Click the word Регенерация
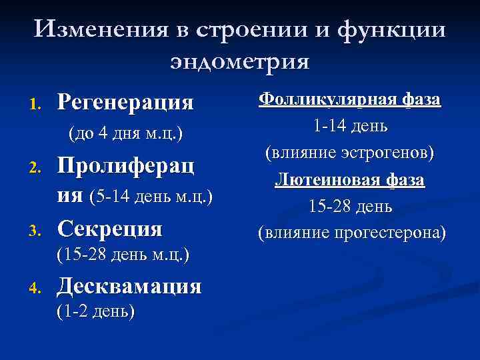(125, 102)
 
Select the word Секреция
(109, 229)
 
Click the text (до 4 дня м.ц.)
(126, 133)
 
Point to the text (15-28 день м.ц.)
(123, 254)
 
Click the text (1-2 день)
(95, 311)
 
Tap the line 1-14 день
(350, 127)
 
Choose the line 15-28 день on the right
(350, 207)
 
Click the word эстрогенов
(383, 153)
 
